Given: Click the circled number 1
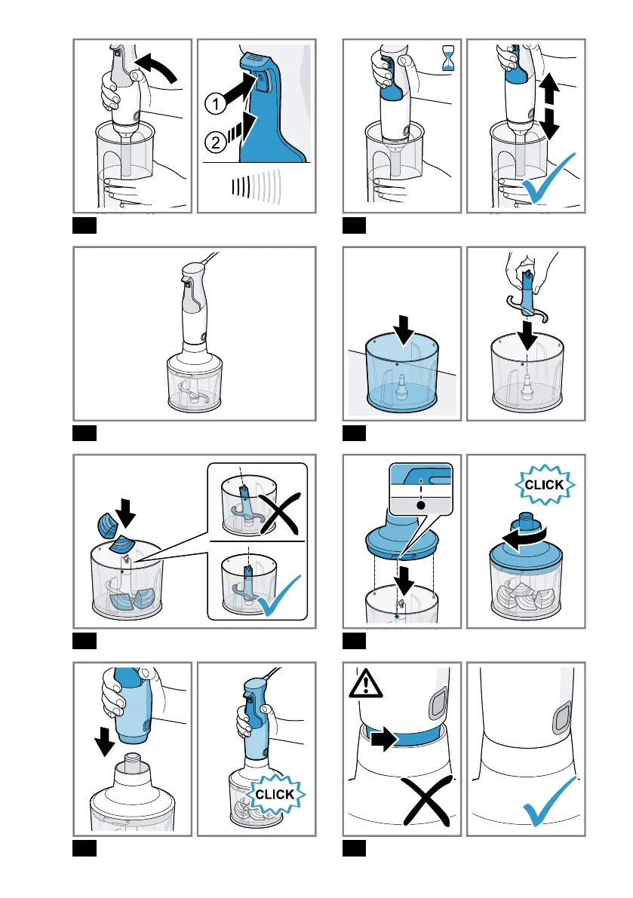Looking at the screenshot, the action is pyautogui.click(x=215, y=104).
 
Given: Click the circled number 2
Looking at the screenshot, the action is pyautogui.click(x=215, y=142).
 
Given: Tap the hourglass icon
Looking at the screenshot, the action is pyautogui.click(x=448, y=58).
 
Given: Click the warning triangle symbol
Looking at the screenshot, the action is pyautogui.click(x=365, y=683).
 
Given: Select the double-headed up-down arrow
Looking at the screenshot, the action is pyautogui.click(x=549, y=107).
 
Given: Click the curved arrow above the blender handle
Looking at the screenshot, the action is pyautogui.click(x=156, y=66).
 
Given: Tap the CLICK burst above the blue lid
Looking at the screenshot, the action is pyautogui.click(x=544, y=485).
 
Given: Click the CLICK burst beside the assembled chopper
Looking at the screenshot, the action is pyautogui.click(x=275, y=795).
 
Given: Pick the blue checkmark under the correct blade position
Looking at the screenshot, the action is pyautogui.click(x=278, y=596).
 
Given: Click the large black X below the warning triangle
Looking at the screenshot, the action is pyautogui.click(x=426, y=800).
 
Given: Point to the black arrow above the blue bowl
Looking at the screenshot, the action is pyautogui.click(x=404, y=330).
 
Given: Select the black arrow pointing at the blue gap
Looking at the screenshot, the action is pyautogui.click(x=384, y=739).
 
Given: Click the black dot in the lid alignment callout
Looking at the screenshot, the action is pyautogui.click(x=421, y=505).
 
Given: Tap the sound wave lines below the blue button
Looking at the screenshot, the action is pyautogui.click(x=257, y=187).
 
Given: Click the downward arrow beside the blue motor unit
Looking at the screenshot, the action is pyautogui.click(x=104, y=741).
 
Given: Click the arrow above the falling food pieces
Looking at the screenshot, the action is pyautogui.click(x=125, y=513).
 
